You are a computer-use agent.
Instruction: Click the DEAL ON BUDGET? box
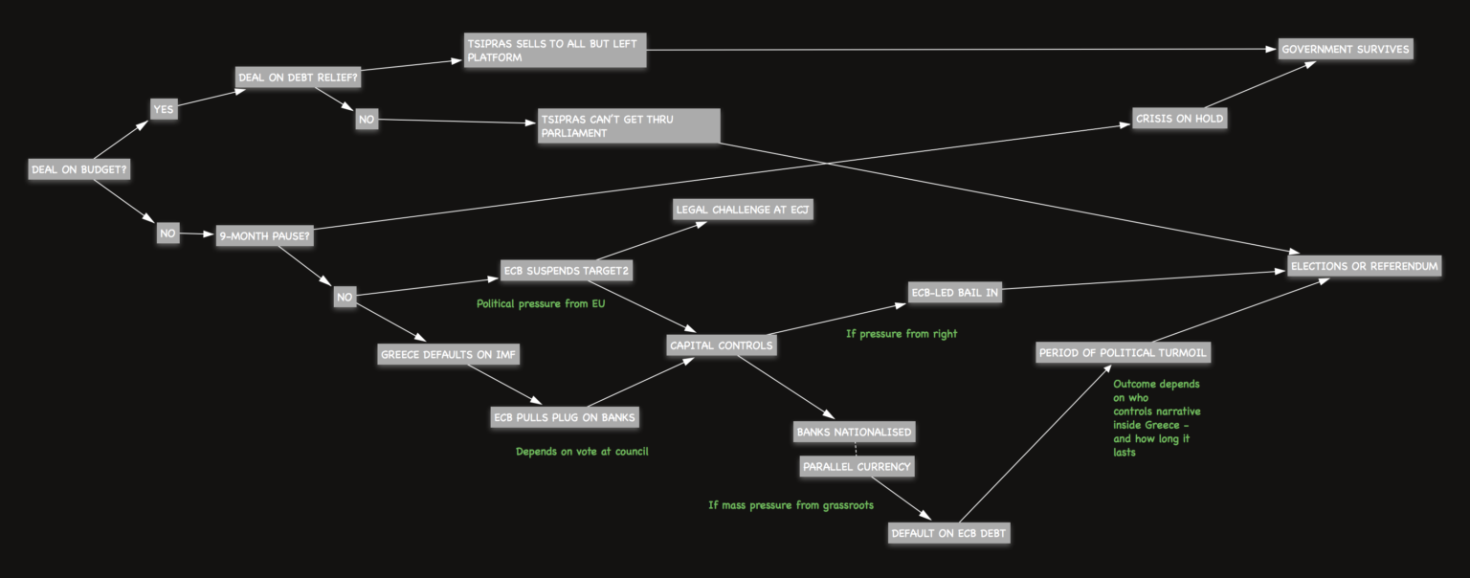click(x=79, y=169)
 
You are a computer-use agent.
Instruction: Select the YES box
click(x=164, y=109)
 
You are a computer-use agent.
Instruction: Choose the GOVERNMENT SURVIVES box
click(x=1345, y=49)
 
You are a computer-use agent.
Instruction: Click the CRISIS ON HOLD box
click(x=1179, y=119)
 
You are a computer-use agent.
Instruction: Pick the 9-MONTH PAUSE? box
click(x=264, y=234)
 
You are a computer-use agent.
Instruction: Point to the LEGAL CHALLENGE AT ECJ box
click(x=743, y=210)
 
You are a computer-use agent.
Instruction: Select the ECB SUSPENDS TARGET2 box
click(x=567, y=271)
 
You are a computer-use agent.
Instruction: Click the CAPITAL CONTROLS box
click(x=721, y=345)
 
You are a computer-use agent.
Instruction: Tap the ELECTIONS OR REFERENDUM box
click(x=1364, y=265)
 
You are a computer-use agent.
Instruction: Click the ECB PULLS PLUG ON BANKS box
click(x=564, y=417)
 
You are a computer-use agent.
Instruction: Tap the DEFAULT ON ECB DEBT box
click(x=948, y=533)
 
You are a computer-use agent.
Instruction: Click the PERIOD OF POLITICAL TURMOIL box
click(x=1124, y=353)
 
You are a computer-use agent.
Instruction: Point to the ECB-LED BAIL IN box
click(x=954, y=293)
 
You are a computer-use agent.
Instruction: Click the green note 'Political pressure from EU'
click(x=541, y=304)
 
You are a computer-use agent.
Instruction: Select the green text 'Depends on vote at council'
click(x=582, y=451)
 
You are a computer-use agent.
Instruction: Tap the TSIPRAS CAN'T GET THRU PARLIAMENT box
click(x=629, y=126)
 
